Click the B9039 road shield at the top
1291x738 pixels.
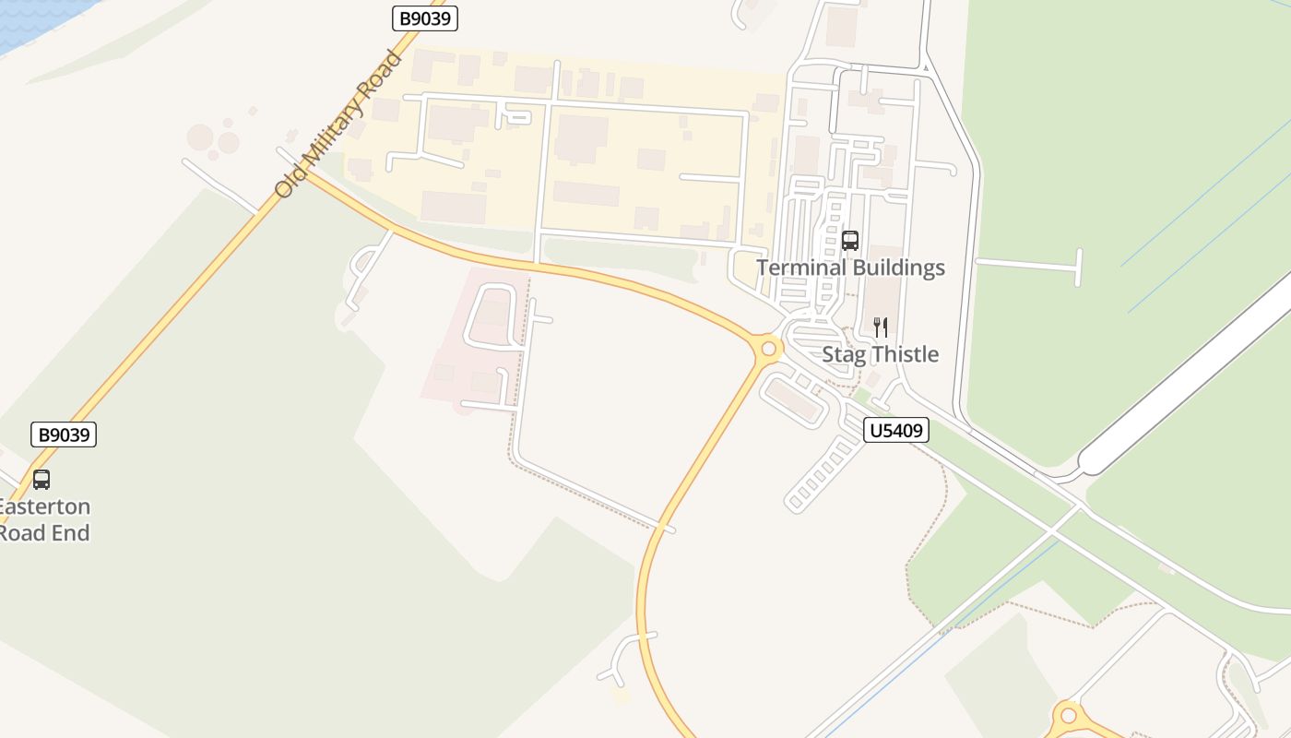[x=425, y=18]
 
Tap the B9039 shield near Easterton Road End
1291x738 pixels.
[x=64, y=434]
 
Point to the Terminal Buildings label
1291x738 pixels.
[x=850, y=268]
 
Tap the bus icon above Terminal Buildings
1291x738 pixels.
[x=850, y=241]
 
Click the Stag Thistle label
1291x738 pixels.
[x=880, y=354]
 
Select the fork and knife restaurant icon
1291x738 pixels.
[x=881, y=327]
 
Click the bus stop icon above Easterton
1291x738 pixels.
[x=41, y=480]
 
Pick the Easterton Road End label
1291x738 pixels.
[x=44, y=519]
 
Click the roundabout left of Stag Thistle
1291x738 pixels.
[x=767, y=349]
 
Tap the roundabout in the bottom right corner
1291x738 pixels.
[x=1068, y=715]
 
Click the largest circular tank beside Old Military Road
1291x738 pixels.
[x=200, y=138]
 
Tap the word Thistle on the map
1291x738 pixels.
[x=906, y=354]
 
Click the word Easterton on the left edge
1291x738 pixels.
[x=44, y=506]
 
